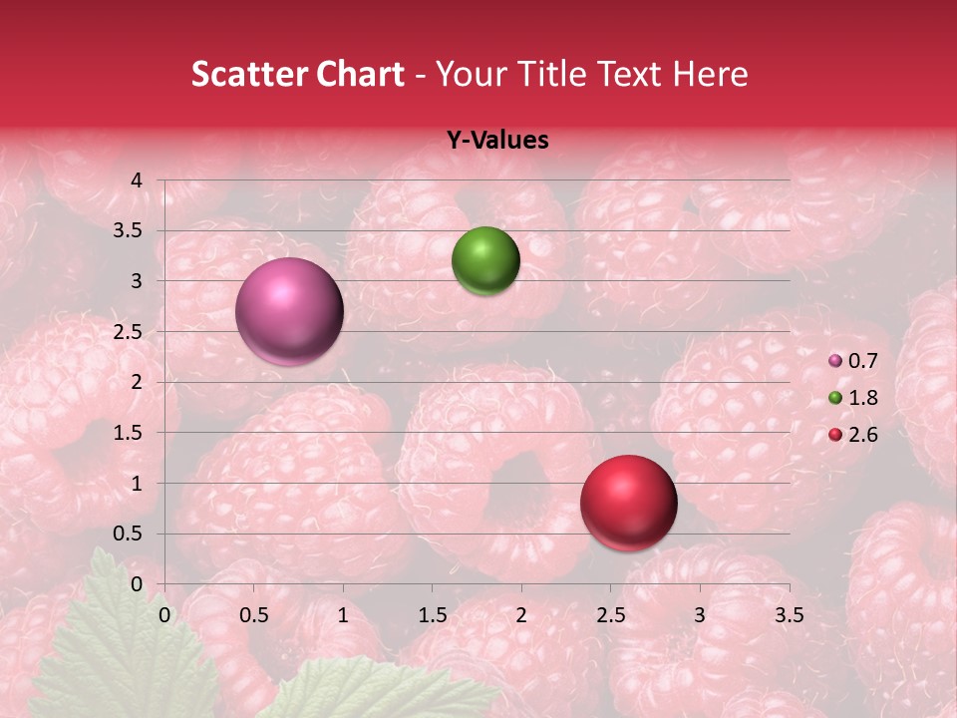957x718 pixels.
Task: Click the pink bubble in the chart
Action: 290,311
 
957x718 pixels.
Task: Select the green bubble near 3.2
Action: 485,261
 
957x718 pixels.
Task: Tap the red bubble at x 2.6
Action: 628,503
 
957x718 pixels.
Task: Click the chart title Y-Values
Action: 496,141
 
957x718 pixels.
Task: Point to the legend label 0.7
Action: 862,361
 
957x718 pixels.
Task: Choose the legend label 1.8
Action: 862,398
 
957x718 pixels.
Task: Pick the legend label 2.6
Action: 862,435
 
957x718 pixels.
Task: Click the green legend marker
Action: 835,398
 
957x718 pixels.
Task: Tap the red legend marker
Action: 835,435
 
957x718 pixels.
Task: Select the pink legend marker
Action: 835,361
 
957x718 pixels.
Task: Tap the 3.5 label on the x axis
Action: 789,615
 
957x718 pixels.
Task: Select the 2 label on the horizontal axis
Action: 521,615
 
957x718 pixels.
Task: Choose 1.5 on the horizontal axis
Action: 432,615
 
